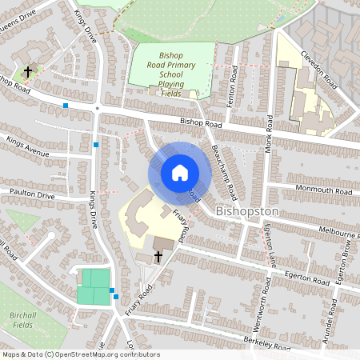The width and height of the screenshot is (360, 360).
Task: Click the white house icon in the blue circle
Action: tap(180, 172)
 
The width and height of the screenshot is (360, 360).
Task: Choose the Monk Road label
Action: tap(270, 132)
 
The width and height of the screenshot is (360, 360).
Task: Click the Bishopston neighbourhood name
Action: tap(247, 211)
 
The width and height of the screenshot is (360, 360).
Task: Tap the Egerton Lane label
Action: tap(270, 246)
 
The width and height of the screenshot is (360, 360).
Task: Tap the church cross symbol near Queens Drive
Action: tap(28, 72)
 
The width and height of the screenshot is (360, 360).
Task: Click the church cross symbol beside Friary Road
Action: tap(158, 257)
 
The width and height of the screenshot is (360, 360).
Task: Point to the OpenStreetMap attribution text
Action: tap(82, 354)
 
